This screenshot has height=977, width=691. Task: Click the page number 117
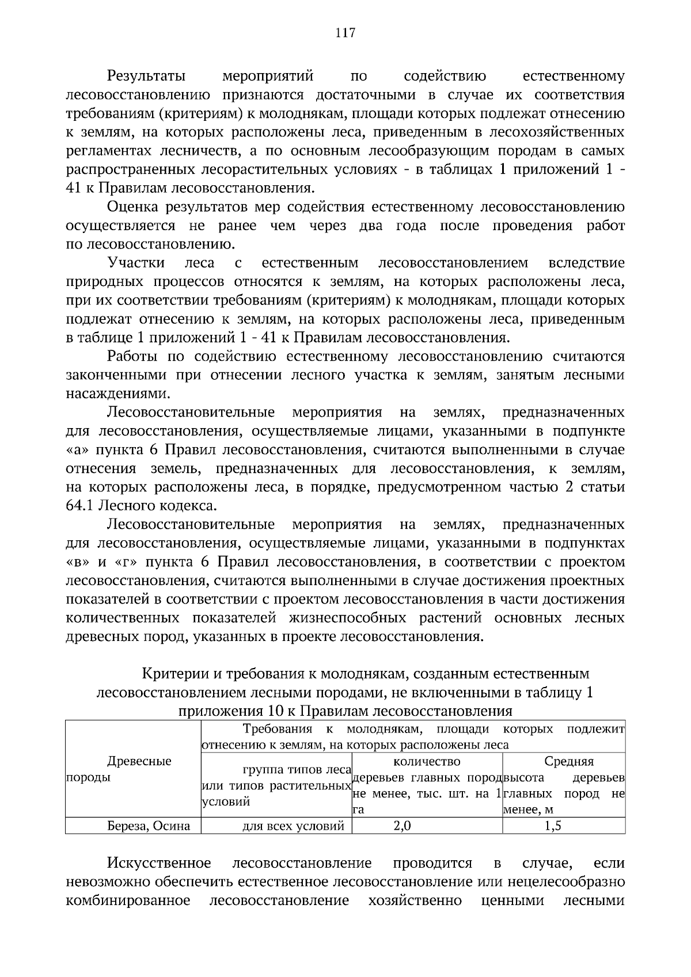[x=345, y=33]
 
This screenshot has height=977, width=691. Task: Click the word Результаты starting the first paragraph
[x=146, y=77]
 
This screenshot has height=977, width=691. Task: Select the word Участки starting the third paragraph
[x=136, y=264]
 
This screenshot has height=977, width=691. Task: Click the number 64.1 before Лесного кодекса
[x=80, y=506]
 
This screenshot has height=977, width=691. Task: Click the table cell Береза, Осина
[x=149, y=826]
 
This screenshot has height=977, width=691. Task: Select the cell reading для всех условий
[x=293, y=826]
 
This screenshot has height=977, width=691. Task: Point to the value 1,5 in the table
[x=552, y=826]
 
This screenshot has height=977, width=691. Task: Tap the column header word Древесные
[x=139, y=761]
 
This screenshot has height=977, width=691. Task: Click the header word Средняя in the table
[x=569, y=761]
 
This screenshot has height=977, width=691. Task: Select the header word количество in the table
[x=427, y=761]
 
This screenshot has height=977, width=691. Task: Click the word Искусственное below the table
[x=158, y=864]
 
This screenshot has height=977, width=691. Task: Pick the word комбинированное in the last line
[x=128, y=900]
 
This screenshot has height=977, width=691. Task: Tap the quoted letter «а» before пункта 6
[x=75, y=450]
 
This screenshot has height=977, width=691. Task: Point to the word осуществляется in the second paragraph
[x=120, y=226]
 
